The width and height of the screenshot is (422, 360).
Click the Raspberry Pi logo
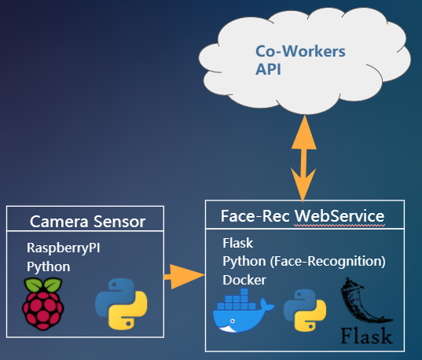pos(43,304)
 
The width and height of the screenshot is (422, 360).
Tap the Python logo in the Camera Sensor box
pos(121,304)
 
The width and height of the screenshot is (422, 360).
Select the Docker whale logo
pos(243,310)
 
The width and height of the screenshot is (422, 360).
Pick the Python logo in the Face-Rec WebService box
pos(305,310)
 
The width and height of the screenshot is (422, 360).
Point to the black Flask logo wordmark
pos(366,336)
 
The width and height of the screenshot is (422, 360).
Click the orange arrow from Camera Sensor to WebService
pos(185,276)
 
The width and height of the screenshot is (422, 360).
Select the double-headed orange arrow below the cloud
pos(303,158)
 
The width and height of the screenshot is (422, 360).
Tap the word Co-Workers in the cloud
pos(300,51)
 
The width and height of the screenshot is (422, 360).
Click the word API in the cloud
pos(268,69)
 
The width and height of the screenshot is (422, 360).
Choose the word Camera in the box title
pos(59,222)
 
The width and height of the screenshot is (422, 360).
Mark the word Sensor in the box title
pos(119,222)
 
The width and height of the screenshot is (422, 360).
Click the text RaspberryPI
pos(63,248)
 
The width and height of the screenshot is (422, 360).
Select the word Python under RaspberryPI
pos(49,266)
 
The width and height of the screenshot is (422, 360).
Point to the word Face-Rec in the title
pos(255,216)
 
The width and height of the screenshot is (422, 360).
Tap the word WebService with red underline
pos(339,216)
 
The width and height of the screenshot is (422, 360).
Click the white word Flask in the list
pos(237,243)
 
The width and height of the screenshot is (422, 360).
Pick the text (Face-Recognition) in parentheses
pos(328,262)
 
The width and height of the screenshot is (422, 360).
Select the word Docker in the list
pos(244,280)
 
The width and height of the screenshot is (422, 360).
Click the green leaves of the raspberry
pos(43,285)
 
